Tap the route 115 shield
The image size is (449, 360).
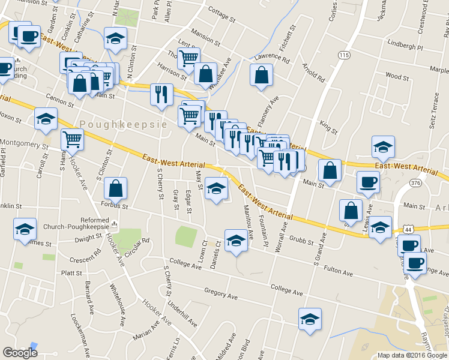coord(344,55)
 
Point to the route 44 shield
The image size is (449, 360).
coord(408,229)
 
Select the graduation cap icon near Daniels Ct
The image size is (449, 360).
coord(237,241)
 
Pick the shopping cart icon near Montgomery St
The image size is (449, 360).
coord(72,139)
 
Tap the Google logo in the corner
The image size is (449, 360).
coord(20,353)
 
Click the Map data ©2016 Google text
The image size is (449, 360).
coord(412,355)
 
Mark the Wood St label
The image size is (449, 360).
coord(397,76)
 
